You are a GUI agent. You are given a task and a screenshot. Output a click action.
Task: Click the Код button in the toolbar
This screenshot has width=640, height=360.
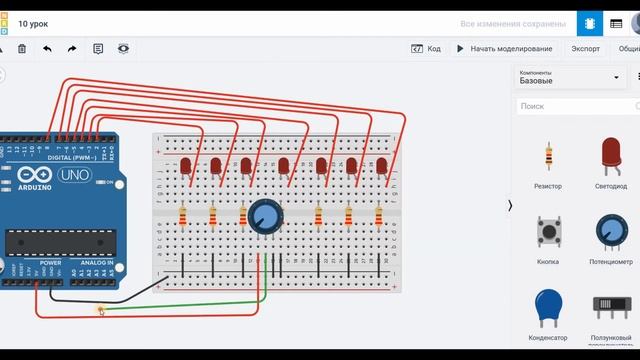tap(426, 48)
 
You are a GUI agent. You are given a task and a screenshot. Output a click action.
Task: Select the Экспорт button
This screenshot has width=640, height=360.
tap(585, 48)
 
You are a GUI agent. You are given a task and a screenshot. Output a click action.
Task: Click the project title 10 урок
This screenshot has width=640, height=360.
tap(33, 22)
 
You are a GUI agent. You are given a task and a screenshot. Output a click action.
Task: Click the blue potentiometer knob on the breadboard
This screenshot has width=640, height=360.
tap(266, 214)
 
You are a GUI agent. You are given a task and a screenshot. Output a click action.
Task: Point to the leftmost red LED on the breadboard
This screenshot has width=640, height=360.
tap(186, 166)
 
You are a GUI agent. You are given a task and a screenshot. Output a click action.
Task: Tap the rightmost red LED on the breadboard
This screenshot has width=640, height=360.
tap(381, 166)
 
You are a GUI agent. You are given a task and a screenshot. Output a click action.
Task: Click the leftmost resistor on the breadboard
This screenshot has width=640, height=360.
tap(183, 215)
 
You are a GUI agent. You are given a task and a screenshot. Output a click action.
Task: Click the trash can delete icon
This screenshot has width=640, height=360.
tap(22, 48)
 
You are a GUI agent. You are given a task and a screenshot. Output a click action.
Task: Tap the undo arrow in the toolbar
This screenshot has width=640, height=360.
tap(47, 48)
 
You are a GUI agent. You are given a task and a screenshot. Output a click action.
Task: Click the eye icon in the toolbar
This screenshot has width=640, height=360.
tap(123, 48)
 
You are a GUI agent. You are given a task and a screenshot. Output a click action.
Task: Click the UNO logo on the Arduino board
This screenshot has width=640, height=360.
tap(73, 176)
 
